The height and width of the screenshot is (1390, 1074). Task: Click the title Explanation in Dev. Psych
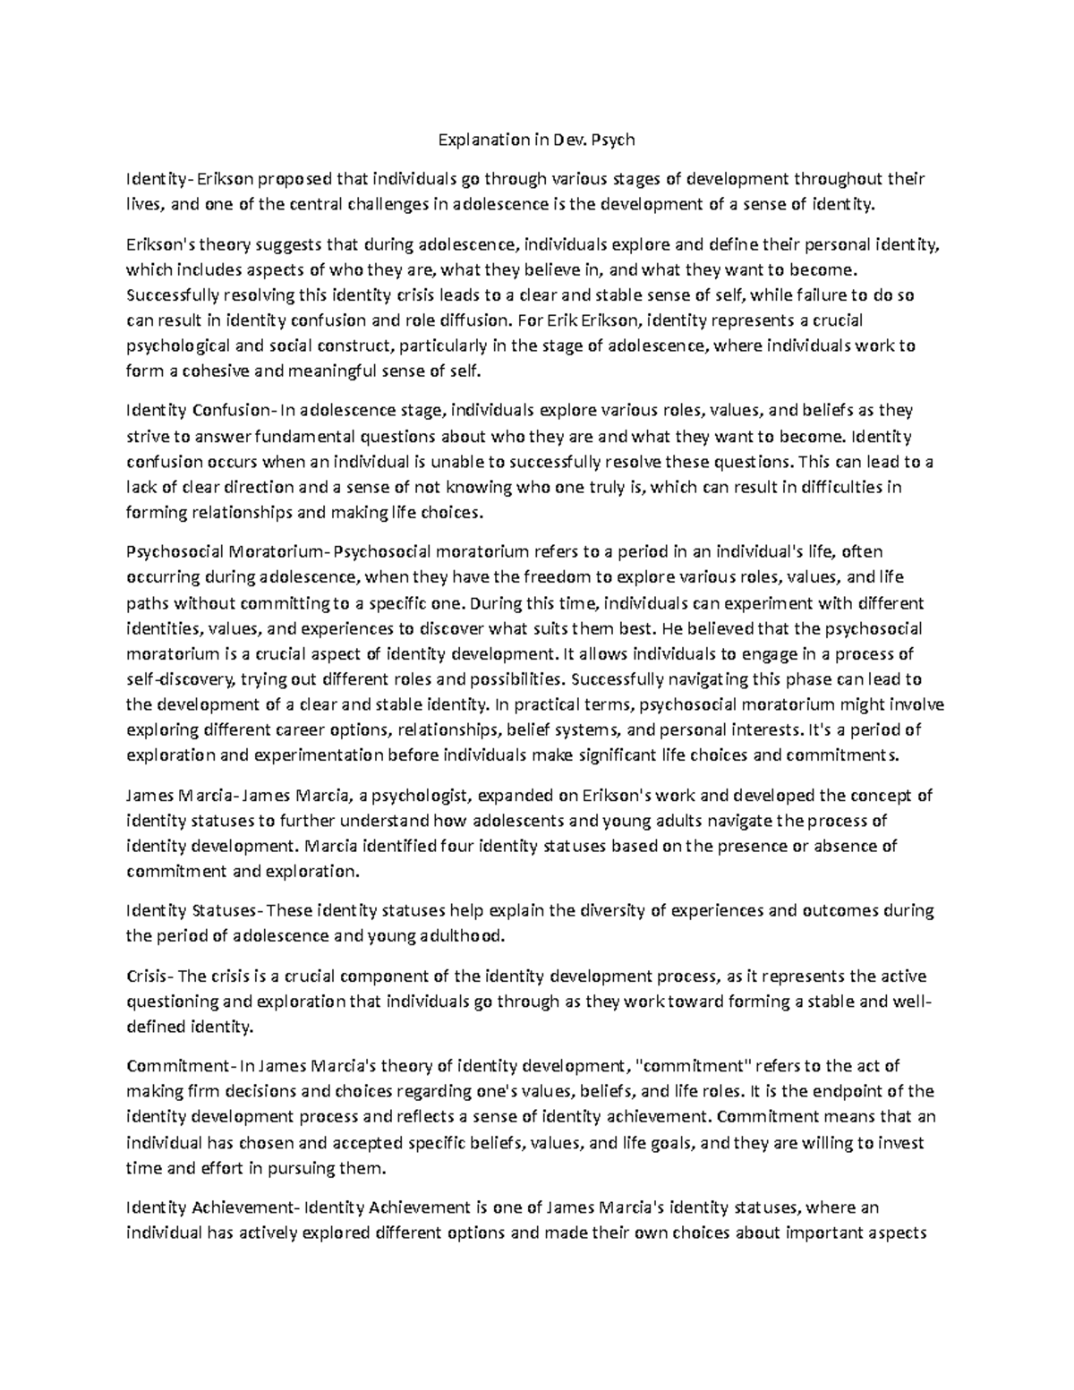535,140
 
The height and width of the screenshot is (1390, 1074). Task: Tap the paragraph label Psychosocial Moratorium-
229,551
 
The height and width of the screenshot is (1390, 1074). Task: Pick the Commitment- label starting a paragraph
180,1066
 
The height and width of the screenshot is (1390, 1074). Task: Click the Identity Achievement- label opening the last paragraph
215,1207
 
